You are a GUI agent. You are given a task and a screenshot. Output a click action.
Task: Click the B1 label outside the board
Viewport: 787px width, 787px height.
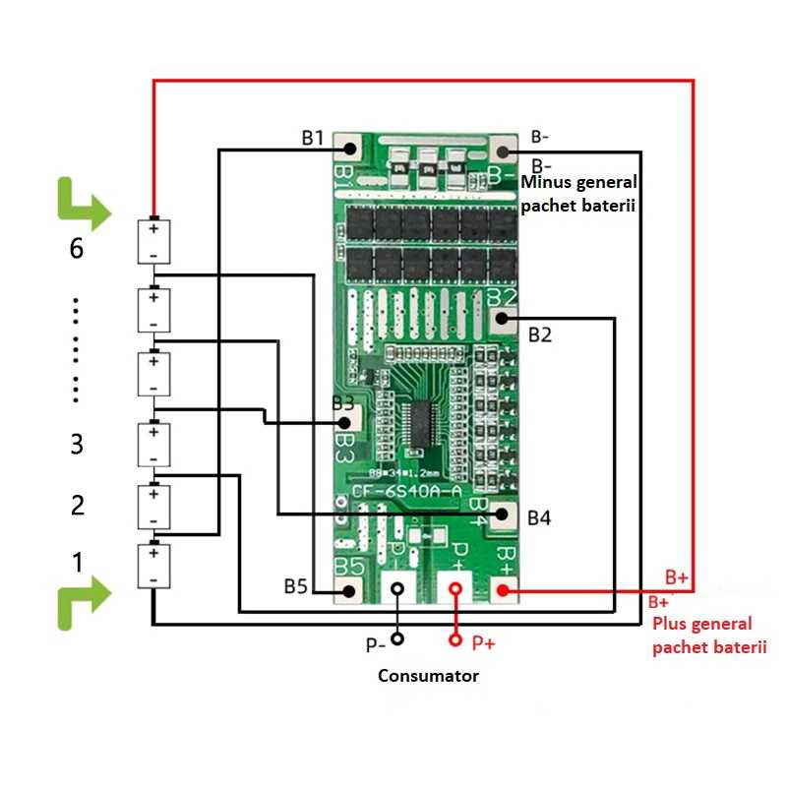click(x=313, y=138)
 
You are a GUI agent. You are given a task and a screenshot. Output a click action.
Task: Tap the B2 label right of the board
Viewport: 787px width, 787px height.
click(x=540, y=335)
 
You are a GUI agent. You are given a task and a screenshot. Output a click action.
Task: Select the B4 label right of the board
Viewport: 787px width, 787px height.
click(x=540, y=516)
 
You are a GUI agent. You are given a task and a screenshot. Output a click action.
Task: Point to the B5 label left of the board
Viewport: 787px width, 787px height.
click(x=296, y=587)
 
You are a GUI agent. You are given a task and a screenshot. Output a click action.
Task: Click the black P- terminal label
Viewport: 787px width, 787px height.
click(x=375, y=645)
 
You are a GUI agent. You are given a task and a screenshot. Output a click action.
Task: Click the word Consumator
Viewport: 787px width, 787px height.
click(x=429, y=676)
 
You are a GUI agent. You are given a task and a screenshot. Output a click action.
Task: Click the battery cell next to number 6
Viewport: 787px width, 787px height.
click(x=153, y=241)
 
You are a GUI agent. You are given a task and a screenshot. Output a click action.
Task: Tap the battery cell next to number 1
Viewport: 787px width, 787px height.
click(x=153, y=566)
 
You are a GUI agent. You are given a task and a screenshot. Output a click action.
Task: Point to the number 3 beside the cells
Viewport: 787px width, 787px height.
click(x=77, y=445)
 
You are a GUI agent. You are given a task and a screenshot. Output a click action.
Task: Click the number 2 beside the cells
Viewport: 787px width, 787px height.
click(x=77, y=506)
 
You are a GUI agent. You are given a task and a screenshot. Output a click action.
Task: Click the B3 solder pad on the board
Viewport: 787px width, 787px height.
click(x=347, y=420)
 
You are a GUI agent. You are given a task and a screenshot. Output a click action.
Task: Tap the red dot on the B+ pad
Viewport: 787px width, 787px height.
click(x=502, y=590)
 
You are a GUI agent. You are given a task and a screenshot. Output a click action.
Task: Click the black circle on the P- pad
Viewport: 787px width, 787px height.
click(x=396, y=589)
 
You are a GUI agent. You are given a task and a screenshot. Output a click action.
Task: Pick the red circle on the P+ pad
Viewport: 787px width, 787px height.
click(x=455, y=589)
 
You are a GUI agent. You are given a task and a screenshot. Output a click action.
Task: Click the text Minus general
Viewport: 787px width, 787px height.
click(x=579, y=183)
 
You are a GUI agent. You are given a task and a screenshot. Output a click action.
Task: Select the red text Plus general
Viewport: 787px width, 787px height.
click(x=701, y=624)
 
